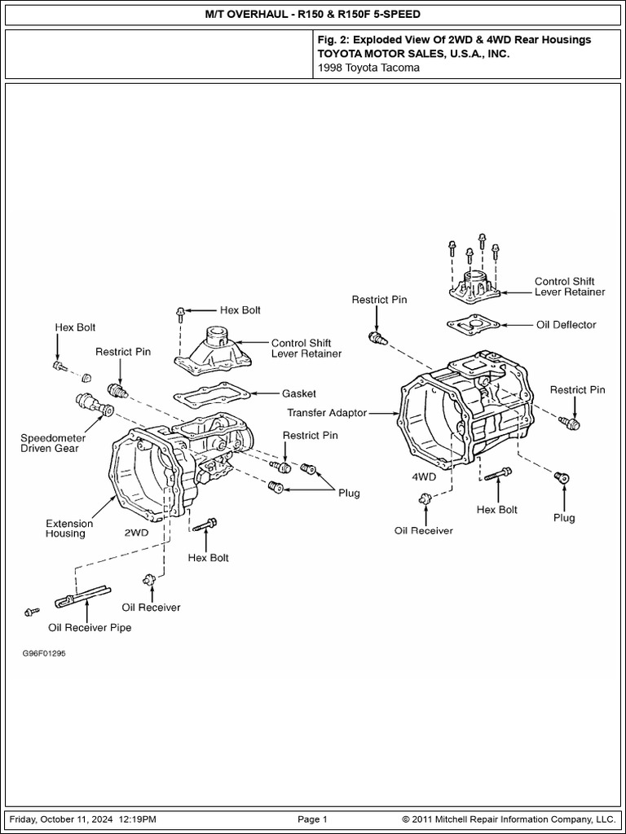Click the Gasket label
[298, 393]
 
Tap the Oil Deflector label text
[566, 324]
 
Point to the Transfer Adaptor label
[327, 413]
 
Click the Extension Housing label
[68, 529]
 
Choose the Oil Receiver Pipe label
[89, 628]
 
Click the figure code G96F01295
[44, 653]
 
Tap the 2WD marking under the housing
[136, 533]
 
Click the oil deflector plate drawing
[473, 324]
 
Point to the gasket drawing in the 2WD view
[211, 396]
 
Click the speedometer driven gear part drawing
[93, 405]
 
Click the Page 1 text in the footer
[312, 819]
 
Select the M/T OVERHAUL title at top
[313, 15]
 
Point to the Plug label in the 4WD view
[563, 517]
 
